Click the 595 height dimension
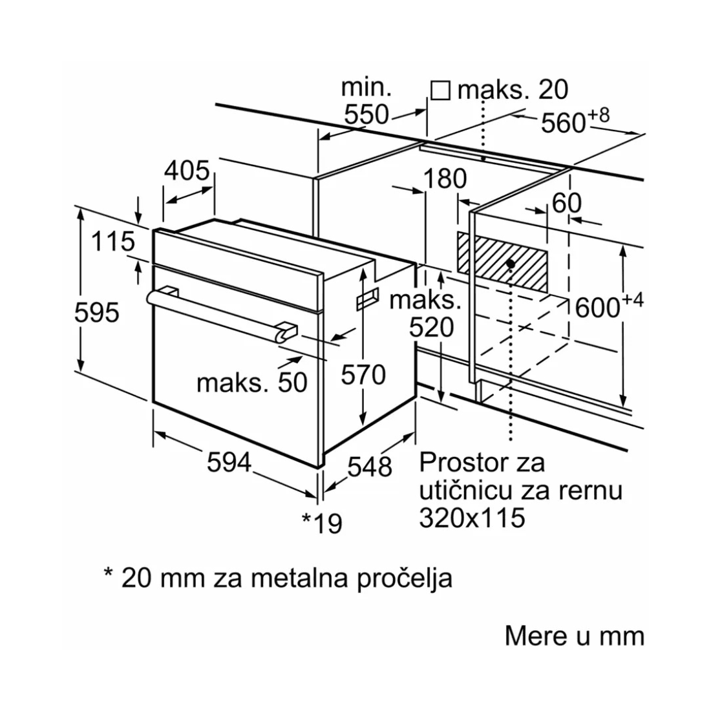pos(96,313)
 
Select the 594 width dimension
pos(229,462)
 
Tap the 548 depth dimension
pos(370,466)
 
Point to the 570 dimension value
pos(363,375)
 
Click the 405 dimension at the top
pos(187,171)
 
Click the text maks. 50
pos(252,383)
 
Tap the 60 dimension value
pos(566,204)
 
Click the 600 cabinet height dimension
pos(598,308)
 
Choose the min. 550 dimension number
pos(366,115)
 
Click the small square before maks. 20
pos(440,90)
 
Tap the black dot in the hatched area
pos(511,264)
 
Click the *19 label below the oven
pos(323,523)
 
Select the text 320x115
pos(471,517)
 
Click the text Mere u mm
pos(574,635)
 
